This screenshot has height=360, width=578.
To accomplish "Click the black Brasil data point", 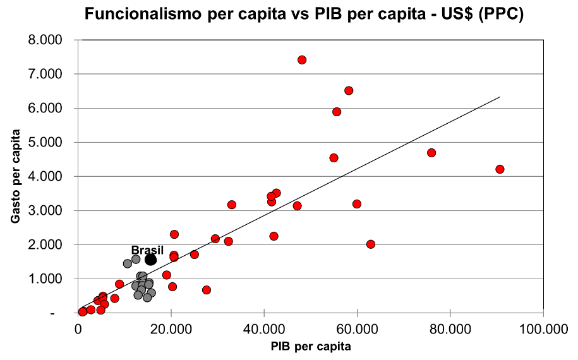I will coord(151,260).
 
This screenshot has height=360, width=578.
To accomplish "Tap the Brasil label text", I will coord(147,250).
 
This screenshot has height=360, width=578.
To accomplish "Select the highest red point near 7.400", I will coord(302,60).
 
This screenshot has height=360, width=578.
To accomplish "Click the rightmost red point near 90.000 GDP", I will coord(500,169).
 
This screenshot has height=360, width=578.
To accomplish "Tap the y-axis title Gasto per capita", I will coord(15,176).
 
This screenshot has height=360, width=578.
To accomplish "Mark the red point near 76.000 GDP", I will coord(431,153).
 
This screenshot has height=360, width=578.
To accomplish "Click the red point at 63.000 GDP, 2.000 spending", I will coord(371,244).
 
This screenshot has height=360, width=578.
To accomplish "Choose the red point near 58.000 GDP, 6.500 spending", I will coord(349,91).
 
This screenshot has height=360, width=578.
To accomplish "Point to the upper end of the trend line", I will coord(500,97).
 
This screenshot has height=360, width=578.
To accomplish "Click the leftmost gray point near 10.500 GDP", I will coord(128,263).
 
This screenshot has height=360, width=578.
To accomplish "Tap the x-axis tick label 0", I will coord(78,330).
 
